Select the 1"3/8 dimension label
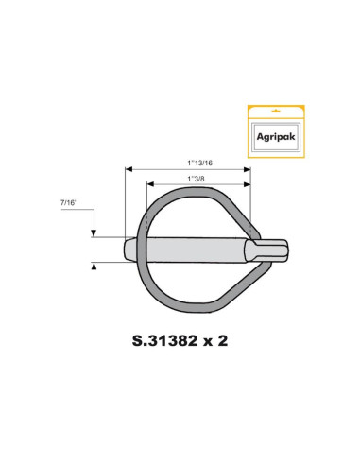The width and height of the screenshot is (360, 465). click(x=197, y=177)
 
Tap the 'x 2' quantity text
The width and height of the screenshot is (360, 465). click(x=217, y=341)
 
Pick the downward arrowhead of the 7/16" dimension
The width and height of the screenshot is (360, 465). click(x=94, y=235)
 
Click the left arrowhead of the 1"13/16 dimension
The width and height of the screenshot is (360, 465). click(x=129, y=169)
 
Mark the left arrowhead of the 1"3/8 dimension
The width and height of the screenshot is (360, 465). click(x=147, y=184)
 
